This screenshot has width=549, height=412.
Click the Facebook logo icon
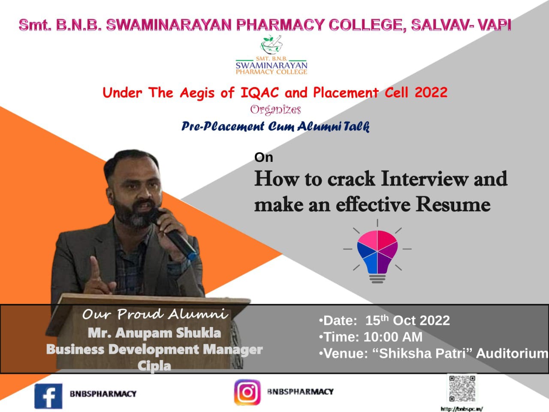coord(48,396)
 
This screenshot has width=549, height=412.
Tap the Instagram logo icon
coord(247,392)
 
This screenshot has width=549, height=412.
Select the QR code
coord(462,388)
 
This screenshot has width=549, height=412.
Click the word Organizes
coord(276,110)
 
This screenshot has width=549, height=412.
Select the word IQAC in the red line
coord(259,92)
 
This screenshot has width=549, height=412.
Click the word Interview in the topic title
coord(425,179)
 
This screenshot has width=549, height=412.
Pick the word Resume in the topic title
coord(453,205)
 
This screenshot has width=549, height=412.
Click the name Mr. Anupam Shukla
coord(154,333)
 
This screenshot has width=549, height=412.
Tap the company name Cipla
coord(154,366)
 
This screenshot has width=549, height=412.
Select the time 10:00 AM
coord(393,337)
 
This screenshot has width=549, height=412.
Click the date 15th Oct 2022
coord(407,320)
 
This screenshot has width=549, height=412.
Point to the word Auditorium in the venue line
coord(512,353)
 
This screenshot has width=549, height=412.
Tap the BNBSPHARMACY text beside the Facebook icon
coord(103,394)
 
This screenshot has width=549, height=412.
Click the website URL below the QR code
coord(462,409)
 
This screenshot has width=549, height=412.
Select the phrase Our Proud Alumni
coord(155,314)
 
